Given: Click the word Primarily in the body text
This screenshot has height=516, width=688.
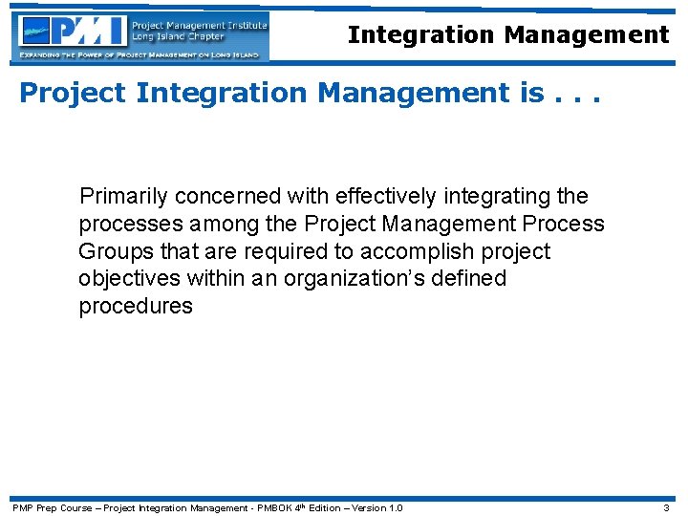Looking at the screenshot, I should tap(123, 197).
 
